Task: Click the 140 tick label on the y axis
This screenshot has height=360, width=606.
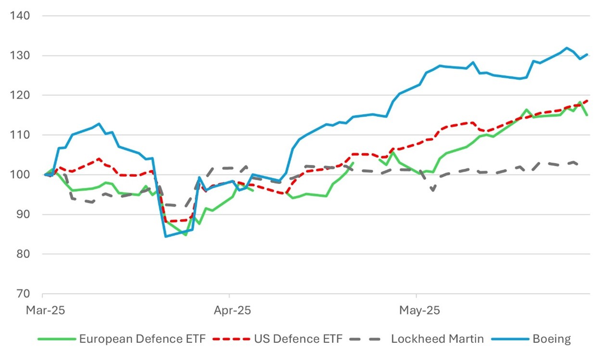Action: [x=20, y=16]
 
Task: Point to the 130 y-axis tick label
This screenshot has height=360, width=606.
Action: [x=20, y=56]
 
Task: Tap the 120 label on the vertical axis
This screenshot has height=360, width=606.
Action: [x=20, y=95]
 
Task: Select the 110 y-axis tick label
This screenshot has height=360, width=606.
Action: [x=20, y=135]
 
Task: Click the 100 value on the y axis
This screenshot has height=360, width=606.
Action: [x=20, y=174]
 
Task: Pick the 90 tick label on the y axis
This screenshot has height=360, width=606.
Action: [x=22, y=214]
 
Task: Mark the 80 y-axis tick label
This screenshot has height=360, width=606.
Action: [x=22, y=254]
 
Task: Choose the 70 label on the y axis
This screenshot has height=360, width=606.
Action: [x=22, y=294]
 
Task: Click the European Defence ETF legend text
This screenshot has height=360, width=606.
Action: [x=142, y=339]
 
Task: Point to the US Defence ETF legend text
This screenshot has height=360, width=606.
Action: [x=298, y=339]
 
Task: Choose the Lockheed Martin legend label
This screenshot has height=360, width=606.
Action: [x=437, y=339]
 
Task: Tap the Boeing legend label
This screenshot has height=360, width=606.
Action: [x=551, y=339]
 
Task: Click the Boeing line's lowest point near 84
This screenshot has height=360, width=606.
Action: [x=165, y=236]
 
